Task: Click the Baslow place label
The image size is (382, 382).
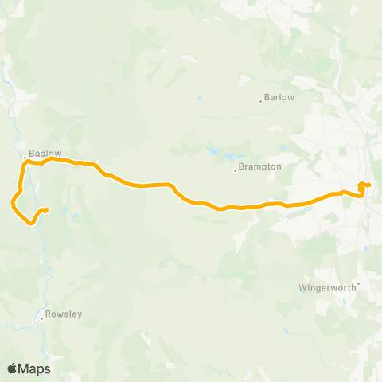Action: click(x=45, y=153)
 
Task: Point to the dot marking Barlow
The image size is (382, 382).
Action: click(x=260, y=100)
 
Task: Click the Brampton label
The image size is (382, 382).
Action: click(x=261, y=167)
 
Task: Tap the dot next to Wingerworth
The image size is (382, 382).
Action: click(x=359, y=283)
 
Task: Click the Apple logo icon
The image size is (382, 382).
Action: click(x=12, y=368)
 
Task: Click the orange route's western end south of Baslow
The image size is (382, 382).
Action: click(x=47, y=210)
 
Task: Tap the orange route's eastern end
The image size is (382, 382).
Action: click(x=368, y=185)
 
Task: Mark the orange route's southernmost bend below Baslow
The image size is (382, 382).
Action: click(x=31, y=224)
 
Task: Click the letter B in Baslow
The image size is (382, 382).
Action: click(x=31, y=153)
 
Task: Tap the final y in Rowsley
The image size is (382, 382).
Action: click(x=80, y=314)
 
